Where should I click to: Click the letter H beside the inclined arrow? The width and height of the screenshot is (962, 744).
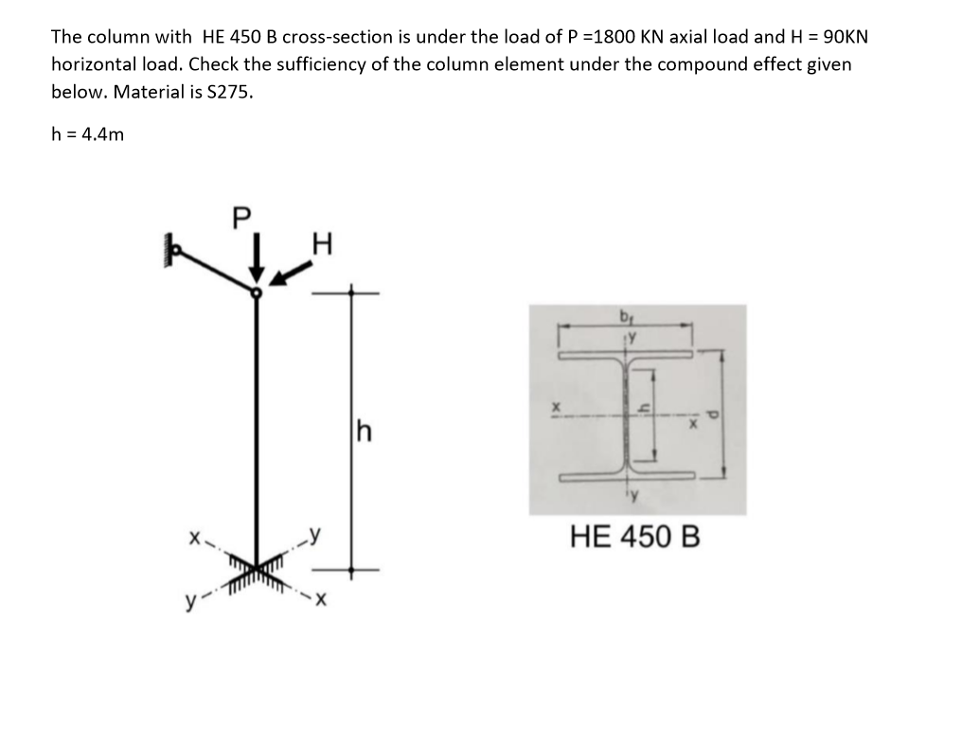point(321,249)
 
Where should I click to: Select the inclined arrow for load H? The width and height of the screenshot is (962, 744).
point(293,274)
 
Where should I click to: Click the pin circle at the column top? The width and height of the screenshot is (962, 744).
point(256,292)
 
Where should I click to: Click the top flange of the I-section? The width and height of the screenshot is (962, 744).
point(625,356)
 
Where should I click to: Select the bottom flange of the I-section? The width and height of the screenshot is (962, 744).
point(625,479)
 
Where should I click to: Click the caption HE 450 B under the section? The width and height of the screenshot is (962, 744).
point(635,538)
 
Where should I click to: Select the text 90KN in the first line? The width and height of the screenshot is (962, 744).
point(844,37)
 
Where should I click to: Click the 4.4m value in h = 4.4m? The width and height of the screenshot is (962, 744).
point(103,133)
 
